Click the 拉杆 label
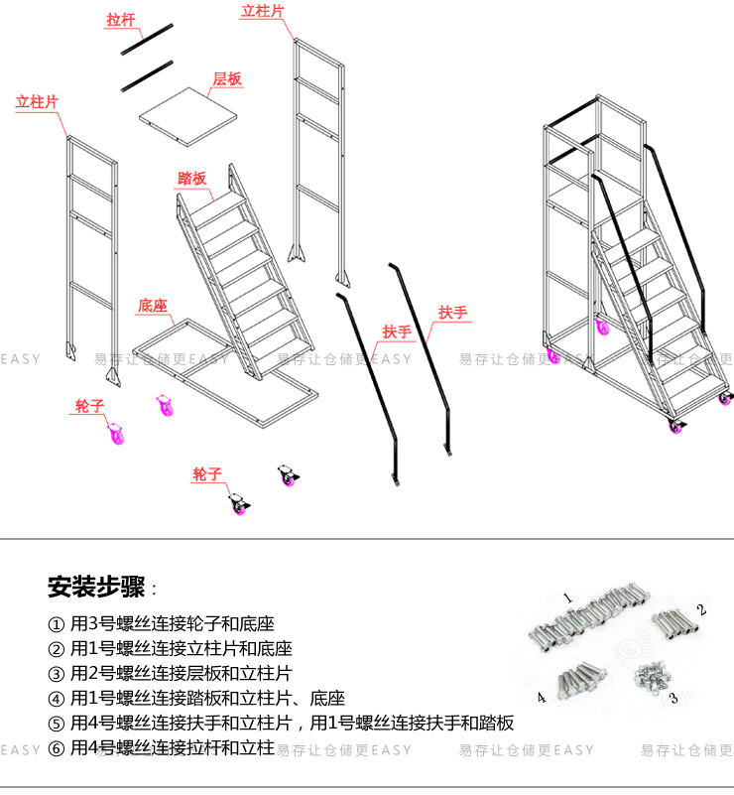tap(121, 20)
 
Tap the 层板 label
tap(227, 78)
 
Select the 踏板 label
tap(191, 179)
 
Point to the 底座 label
tap(153, 305)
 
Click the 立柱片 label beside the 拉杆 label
tap(262, 11)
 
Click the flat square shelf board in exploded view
tap(190, 116)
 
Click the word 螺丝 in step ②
tap(130, 649)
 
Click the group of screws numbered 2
tap(674, 624)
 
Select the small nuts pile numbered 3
tap(651, 677)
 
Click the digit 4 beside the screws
tap(541, 699)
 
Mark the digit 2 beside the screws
tap(700, 608)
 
